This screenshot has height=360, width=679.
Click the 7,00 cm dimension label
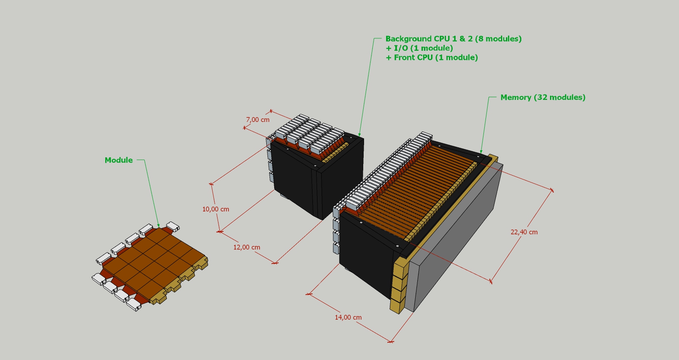[x=258, y=120]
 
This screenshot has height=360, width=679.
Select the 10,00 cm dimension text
[x=216, y=209]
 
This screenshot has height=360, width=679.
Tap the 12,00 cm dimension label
[x=246, y=247]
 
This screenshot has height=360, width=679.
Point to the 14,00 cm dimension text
[x=348, y=318]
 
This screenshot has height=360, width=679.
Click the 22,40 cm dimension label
[x=524, y=232]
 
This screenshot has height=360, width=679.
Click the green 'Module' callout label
[x=119, y=160]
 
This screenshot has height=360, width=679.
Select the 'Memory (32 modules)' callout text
[x=543, y=97]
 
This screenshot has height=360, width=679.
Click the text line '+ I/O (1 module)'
[x=419, y=48]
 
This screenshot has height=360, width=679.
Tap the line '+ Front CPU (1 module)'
[x=431, y=58]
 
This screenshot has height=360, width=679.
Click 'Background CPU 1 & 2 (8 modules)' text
[x=453, y=39]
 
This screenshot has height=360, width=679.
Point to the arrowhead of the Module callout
[x=159, y=226]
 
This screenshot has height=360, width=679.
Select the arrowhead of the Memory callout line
[x=481, y=152]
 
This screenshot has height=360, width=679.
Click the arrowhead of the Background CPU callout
[x=359, y=136]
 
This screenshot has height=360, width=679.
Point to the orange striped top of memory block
[x=416, y=187]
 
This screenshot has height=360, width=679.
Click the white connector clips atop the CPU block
[x=308, y=131]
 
